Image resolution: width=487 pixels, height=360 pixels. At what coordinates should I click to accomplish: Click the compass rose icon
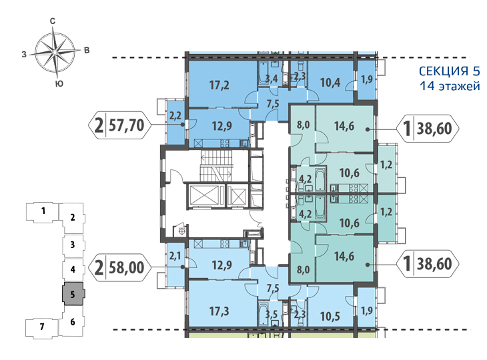tap(55, 52)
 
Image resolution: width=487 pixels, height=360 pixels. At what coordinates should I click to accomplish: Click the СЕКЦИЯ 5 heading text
tap(449, 71)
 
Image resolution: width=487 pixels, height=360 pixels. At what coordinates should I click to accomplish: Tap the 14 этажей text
tap(450, 85)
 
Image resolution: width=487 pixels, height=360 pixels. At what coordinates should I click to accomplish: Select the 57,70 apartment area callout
tap(120, 126)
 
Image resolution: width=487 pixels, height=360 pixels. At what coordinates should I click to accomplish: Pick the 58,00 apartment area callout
tap(120, 267)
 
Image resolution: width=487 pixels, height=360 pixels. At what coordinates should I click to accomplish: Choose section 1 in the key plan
tap(43, 211)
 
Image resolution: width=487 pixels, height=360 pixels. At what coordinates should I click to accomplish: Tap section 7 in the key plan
tap(42, 327)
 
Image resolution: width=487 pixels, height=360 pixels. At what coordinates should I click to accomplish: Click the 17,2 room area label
tap(219, 85)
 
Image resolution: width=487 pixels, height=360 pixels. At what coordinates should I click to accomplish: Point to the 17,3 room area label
tap(219, 311)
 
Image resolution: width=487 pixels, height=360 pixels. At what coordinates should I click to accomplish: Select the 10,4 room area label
tap(330, 83)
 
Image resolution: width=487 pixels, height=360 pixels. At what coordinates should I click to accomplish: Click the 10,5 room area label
tap(330, 316)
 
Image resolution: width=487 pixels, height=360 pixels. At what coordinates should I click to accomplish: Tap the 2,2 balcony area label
tap(175, 116)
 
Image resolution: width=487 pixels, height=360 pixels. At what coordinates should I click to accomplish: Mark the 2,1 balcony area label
tap(175, 257)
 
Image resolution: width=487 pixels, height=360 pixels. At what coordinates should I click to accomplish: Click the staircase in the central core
tap(216, 166)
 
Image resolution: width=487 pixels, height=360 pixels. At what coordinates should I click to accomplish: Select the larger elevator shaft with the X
tap(204, 195)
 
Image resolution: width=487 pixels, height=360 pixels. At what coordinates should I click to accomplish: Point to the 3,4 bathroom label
tap(271, 79)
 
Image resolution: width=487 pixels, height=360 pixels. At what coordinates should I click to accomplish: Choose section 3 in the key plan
tap(73, 245)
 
